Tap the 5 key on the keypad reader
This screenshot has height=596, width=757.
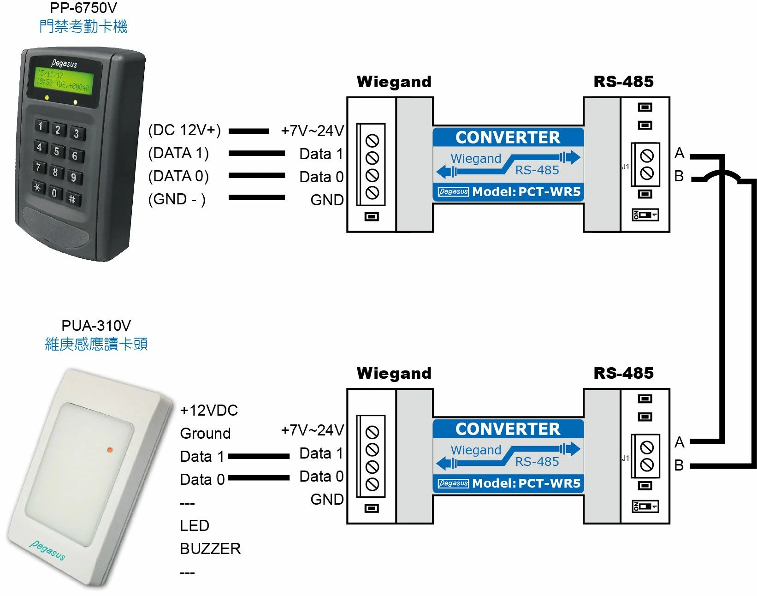pyautogui.click(x=57, y=151)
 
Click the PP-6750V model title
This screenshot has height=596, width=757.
pyautogui.click(x=83, y=8)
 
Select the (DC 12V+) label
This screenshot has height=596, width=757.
pyautogui.click(x=184, y=131)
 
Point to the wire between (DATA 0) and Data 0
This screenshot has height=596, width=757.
pyautogui.click(x=256, y=176)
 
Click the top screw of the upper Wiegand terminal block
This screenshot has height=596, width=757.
pyautogui.click(x=372, y=141)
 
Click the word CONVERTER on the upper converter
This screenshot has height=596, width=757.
pyautogui.click(x=508, y=137)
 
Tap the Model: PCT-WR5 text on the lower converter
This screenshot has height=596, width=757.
pyautogui.click(x=526, y=483)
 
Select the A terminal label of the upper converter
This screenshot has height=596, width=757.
pyautogui.click(x=679, y=153)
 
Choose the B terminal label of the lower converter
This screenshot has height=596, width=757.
pyautogui.click(x=679, y=465)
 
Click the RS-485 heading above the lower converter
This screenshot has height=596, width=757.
pyautogui.click(x=623, y=373)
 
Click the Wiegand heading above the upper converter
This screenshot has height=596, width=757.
pyautogui.click(x=394, y=82)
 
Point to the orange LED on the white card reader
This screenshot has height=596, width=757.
pyautogui.click(x=110, y=449)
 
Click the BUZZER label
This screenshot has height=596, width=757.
pyautogui.click(x=210, y=548)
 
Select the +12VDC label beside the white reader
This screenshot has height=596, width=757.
pyautogui.click(x=209, y=410)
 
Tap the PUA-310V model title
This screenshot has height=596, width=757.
pyautogui.click(x=96, y=326)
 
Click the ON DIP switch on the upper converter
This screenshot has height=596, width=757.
pyautogui.click(x=645, y=215)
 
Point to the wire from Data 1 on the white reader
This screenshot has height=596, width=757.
pyautogui.click(x=258, y=456)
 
